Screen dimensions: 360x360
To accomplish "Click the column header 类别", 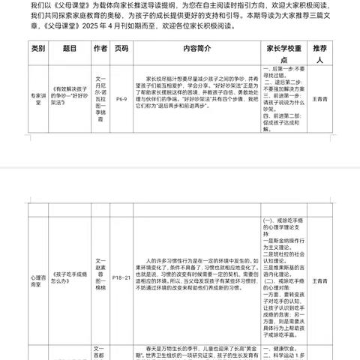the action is [x=39, y=49].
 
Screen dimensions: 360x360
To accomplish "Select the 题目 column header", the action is [x=70, y=49].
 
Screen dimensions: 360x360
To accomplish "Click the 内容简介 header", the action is [x=198, y=49].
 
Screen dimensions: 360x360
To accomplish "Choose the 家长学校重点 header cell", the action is [x=291, y=49].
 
